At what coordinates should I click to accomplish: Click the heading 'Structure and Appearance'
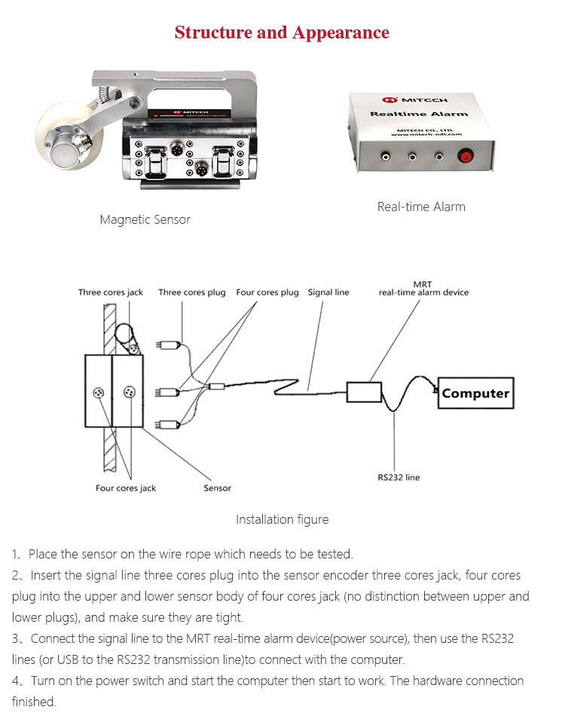point(282,32)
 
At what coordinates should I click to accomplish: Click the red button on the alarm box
point(466,157)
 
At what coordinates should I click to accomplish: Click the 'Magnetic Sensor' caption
point(145,219)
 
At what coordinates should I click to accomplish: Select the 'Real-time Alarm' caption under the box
point(421,206)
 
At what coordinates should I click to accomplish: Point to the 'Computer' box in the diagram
point(475,393)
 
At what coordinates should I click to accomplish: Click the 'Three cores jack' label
point(110,292)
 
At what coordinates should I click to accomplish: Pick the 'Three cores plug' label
point(192,292)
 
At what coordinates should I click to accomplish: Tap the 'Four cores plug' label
point(267,292)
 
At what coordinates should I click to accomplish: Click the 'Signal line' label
point(328,292)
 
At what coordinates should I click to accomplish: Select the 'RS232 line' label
point(399,477)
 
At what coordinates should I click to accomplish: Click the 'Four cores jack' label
point(126,488)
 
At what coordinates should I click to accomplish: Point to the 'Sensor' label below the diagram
point(217,488)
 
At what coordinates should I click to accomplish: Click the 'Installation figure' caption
point(282,519)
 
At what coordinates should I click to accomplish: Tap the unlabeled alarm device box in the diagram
point(363,392)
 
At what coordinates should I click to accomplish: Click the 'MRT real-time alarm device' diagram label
point(423,289)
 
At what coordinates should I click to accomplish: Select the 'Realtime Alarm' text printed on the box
point(419,114)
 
